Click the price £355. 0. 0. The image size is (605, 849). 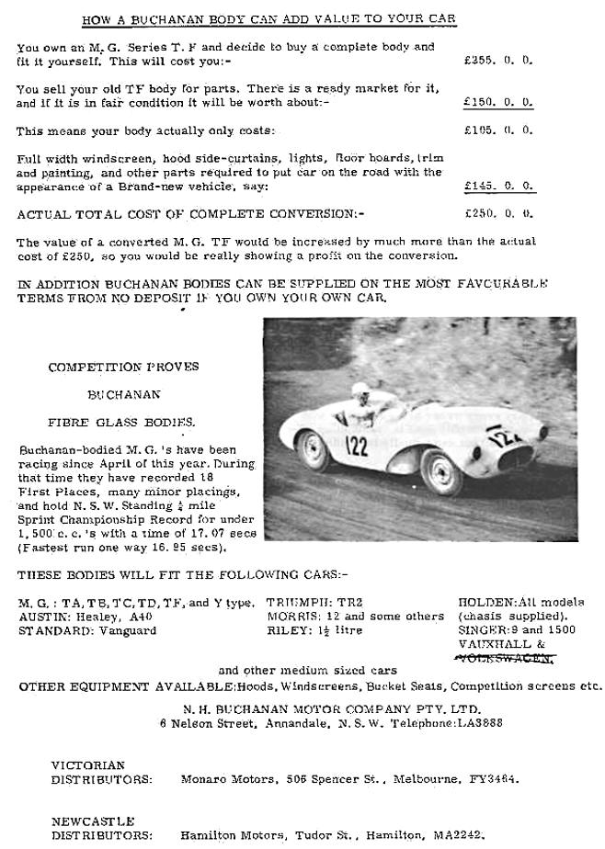498,60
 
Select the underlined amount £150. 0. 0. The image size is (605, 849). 498,102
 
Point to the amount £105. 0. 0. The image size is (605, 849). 498,130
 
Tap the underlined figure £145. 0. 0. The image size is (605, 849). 498,186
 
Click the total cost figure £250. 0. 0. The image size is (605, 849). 498,213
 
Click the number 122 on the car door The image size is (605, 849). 357,447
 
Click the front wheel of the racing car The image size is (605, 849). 444,472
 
